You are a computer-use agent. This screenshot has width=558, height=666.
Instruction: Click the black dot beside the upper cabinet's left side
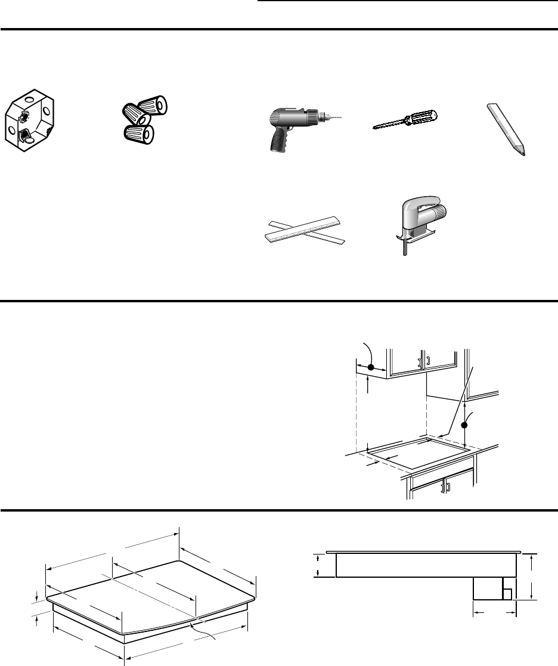point(371,368)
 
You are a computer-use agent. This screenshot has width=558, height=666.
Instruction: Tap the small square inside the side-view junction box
point(507,593)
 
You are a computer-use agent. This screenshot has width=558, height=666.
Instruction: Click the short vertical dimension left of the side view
point(318,565)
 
